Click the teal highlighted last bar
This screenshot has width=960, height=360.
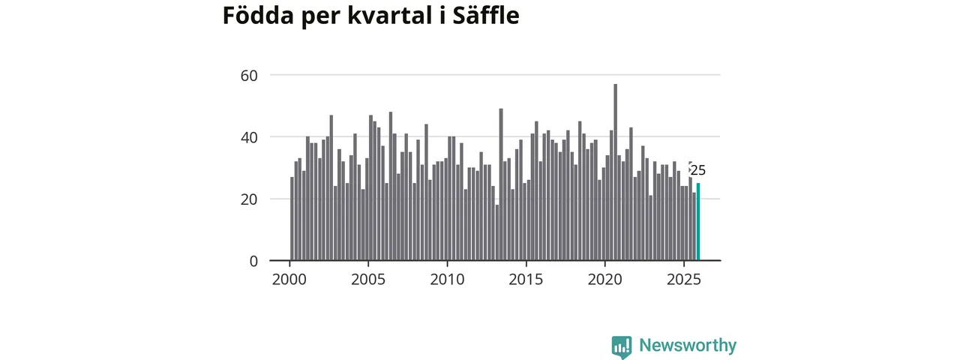point(698,222)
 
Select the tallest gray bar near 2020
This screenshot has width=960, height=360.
point(616,172)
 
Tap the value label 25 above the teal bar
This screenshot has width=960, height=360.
point(698,170)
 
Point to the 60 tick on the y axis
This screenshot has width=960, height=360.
point(249,75)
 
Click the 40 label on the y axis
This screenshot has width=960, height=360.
point(249,137)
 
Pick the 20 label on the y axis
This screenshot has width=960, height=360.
point(249,199)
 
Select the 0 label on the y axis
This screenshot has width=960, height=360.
point(253,261)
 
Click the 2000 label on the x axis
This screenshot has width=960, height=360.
point(289,280)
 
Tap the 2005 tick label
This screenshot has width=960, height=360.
point(368,280)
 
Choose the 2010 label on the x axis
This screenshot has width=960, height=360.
point(447,280)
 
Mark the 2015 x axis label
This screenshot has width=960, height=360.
point(526,280)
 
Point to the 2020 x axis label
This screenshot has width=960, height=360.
point(605,280)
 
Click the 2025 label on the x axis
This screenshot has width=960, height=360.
point(684,280)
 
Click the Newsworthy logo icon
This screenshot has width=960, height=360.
point(621,346)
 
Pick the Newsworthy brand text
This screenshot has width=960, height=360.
point(688,346)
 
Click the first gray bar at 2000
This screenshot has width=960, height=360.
point(292,219)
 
